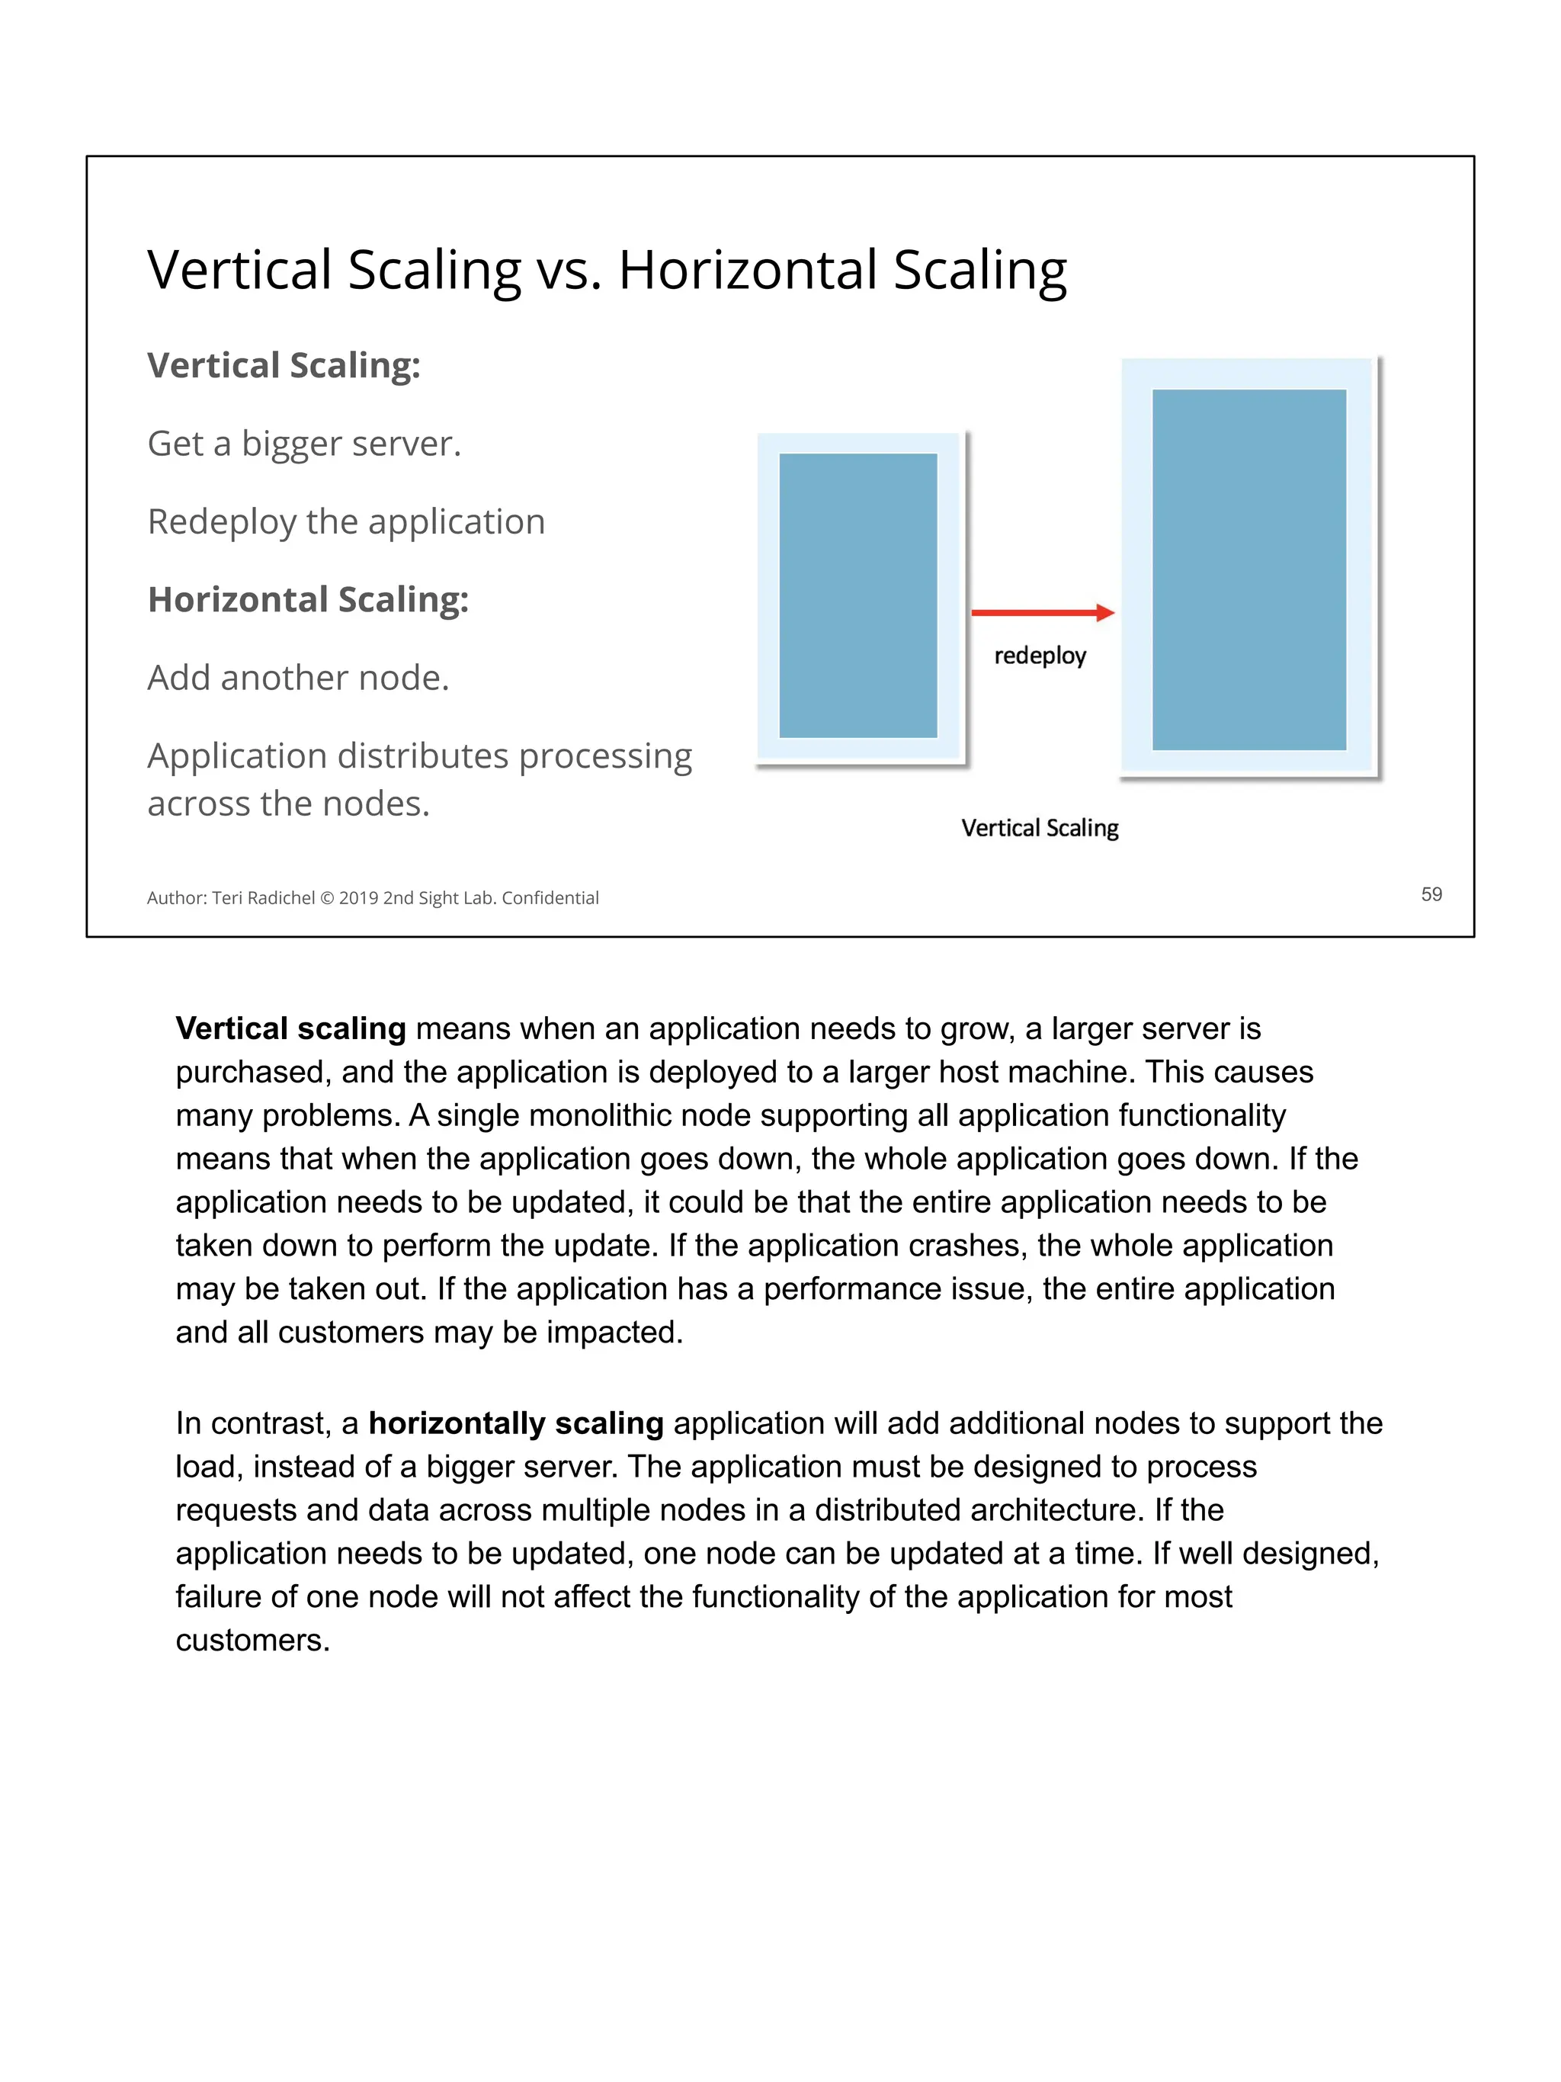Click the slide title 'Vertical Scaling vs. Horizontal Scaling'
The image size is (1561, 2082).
(x=607, y=270)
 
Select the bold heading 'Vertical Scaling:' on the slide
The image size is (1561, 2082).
(x=284, y=365)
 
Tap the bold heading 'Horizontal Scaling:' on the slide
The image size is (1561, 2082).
(x=308, y=599)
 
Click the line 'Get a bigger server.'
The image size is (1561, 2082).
(x=304, y=444)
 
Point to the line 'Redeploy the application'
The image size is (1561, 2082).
(x=345, y=521)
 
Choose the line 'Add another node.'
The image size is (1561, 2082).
(x=298, y=678)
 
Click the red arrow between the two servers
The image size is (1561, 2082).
(x=1042, y=613)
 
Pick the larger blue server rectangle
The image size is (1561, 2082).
(x=1248, y=569)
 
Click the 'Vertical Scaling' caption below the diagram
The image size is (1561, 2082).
(x=1040, y=828)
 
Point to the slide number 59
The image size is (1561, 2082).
(x=1431, y=894)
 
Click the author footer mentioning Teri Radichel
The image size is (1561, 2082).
(x=372, y=898)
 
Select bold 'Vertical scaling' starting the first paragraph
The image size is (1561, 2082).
(x=290, y=1028)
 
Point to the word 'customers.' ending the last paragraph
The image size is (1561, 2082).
(x=252, y=1641)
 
